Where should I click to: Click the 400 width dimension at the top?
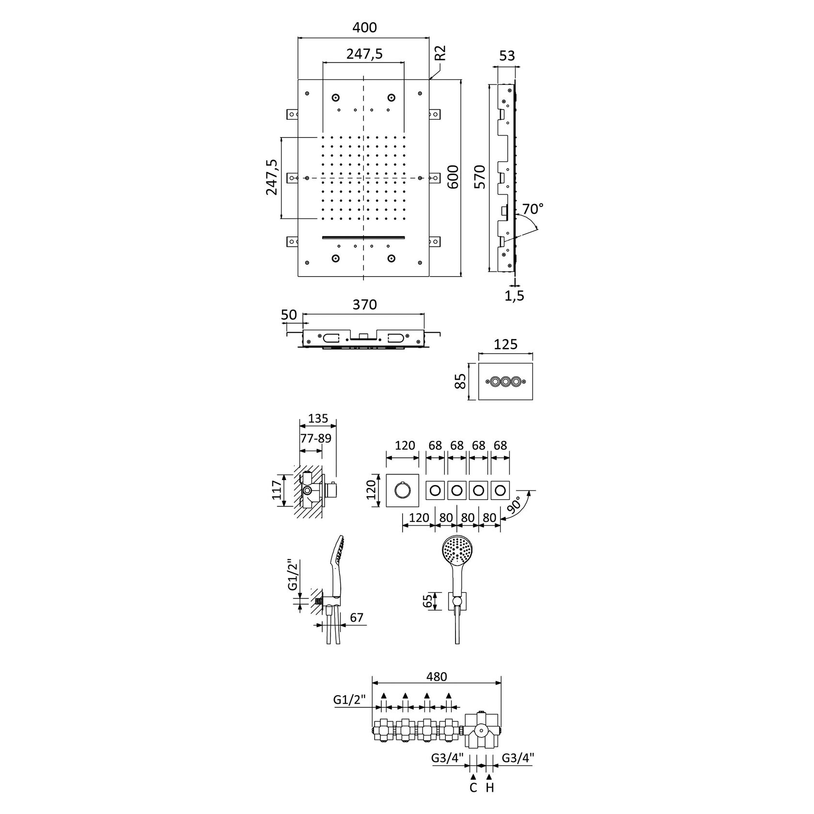(364, 28)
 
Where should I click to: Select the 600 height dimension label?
(453, 178)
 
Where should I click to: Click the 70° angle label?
(533, 209)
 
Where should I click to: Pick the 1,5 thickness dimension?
(514, 296)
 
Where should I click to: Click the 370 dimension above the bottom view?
(364, 305)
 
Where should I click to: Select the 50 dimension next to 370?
(289, 314)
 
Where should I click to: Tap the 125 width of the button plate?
(506, 344)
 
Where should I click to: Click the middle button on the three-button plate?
(506, 382)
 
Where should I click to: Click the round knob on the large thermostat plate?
(402, 491)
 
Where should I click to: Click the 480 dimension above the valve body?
(437, 676)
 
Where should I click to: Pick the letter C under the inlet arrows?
(473, 787)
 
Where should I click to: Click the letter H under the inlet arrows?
(490, 787)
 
